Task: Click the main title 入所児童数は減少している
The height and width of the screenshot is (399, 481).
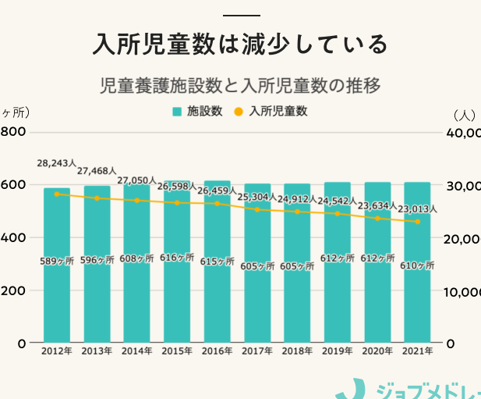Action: (240, 44)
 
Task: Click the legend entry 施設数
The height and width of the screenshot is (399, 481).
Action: (198, 112)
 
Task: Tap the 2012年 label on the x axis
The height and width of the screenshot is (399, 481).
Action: (56, 351)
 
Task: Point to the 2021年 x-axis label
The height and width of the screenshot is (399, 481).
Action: (418, 351)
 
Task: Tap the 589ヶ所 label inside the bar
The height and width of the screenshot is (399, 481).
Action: (57, 262)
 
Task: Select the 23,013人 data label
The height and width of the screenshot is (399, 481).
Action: (418, 209)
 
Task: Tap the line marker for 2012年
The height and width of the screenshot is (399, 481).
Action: (56, 194)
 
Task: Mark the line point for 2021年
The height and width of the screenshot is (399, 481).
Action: (418, 222)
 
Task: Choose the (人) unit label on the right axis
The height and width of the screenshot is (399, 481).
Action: (464, 115)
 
